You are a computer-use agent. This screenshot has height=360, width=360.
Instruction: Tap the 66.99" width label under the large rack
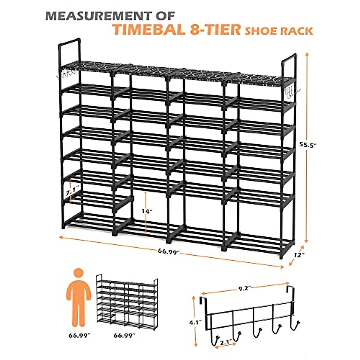click(169, 251)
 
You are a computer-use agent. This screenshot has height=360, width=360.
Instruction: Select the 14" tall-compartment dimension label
click(147, 211)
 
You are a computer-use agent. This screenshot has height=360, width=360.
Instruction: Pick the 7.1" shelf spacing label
click(72, 190)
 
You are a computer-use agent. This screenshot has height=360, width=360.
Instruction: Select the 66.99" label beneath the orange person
click(79, 335)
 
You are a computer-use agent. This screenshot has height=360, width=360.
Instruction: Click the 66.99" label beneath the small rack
click(124, 335)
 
